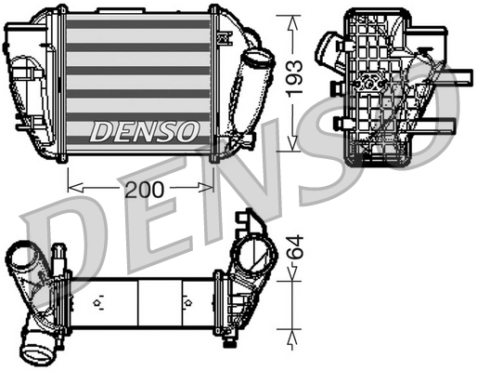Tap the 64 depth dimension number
(293, 248)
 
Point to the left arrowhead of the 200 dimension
(73, 189)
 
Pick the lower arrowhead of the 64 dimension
(293, 332)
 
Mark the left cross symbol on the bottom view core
(98, 303)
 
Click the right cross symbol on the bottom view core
(185, 303)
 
